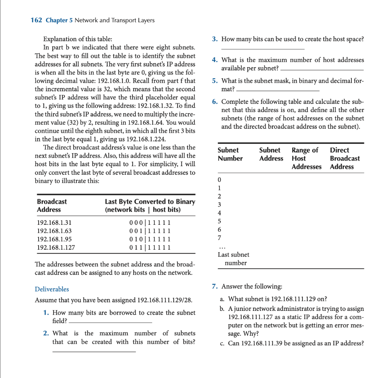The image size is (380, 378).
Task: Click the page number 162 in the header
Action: (x=36, y=20)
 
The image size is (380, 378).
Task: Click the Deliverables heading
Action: (x=52, y=289)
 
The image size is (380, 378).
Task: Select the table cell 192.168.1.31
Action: (x=54, y=223)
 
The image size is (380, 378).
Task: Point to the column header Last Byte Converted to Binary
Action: (x=150, y=201)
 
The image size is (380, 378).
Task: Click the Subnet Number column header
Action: (x=230, y=154)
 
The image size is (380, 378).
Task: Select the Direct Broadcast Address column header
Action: (x=344, y=158)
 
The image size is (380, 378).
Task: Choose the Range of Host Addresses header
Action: (x=307, y=158)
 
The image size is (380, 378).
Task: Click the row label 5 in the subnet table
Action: (x=219, y=221)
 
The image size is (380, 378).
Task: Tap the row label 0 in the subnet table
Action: (x=219, y=180)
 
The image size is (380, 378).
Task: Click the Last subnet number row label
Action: (x=233, y=259)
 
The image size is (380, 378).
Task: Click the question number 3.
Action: (x=214, y=39)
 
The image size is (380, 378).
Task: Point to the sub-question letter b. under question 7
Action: (x=222, y=309)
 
